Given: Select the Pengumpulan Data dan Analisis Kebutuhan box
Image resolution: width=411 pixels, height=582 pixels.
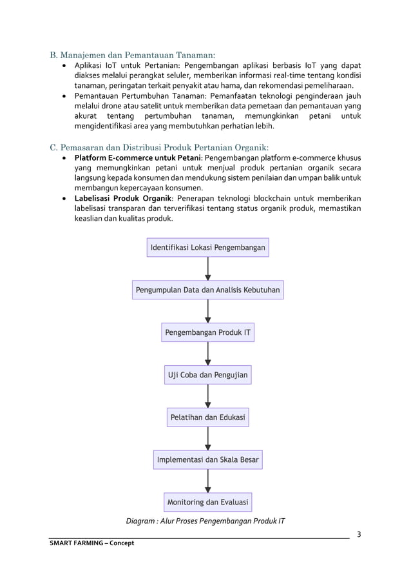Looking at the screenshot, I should coord(207,290).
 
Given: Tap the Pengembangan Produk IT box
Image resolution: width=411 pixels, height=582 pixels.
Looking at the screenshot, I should coord(207,333).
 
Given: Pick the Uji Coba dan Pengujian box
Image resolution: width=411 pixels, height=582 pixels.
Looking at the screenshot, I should coord(207,375).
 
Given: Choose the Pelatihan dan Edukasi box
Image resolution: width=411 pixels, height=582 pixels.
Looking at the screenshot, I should coord(207,417).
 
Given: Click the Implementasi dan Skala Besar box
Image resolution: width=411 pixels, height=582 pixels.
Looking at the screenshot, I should coord(207,460).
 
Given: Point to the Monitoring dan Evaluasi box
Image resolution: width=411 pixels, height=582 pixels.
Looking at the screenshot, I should coord(207,502).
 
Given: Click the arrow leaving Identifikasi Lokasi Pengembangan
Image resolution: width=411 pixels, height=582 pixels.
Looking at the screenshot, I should coord(207,269).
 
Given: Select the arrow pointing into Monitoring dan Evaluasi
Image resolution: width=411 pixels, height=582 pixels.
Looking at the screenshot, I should coord(207,481).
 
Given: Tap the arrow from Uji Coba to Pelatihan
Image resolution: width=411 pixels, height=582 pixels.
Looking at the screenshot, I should coord(207,396).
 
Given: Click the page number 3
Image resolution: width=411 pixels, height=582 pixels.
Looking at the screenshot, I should coord(359,534).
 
